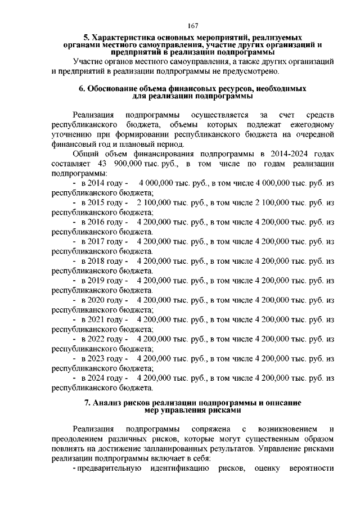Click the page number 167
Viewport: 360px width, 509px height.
click(x=192, y=26)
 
